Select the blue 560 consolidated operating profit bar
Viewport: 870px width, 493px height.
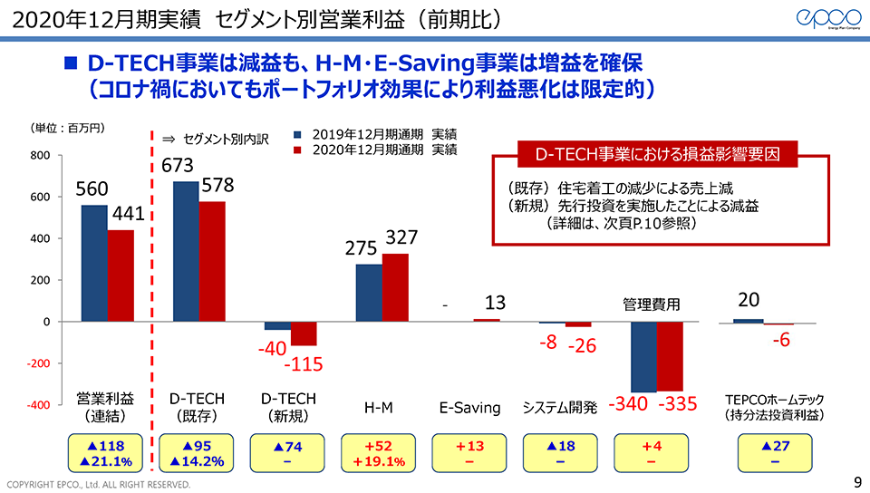pyautogui.click(x=94, y=263)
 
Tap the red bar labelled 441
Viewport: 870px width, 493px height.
pyautogui.click(x=121, y=275)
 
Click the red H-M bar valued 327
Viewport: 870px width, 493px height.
pyautogui.click(x=395, y=287)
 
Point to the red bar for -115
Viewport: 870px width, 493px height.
pyautogui.click(x=304, y=333)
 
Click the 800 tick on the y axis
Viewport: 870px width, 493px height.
pyautogui.click(x=40, y=156)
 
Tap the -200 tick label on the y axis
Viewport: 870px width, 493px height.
pyautogui.click(x=37, y=363)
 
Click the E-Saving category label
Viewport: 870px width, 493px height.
pyautogui.click(x=469, y=408)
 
